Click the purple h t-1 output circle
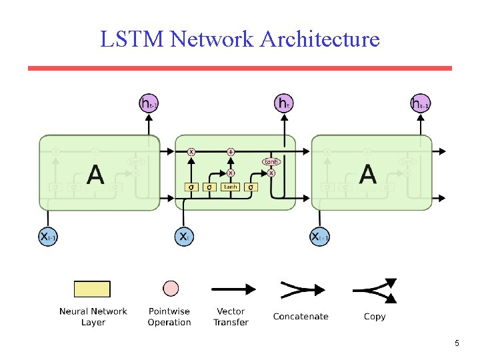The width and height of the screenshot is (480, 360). [x=149, y=103]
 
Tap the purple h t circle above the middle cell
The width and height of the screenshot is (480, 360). [x=284, y=103]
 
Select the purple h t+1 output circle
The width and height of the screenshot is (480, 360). [x=420, y=103]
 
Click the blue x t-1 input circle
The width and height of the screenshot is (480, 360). [x=48, y=237]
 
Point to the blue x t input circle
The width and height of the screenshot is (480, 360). [x=184, y=237]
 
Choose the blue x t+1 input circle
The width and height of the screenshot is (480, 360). [x=319, y=237]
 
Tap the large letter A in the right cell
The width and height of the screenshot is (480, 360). [x=367, y=175]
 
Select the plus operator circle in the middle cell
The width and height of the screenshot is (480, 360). [x=231, y=152]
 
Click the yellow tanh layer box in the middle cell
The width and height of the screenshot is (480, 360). [x=231, y=187]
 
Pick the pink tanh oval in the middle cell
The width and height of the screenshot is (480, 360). [x=271, y=161]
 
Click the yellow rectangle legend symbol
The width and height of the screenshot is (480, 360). [x=92, y=289]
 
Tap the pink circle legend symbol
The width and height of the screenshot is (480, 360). [x=171, y=289]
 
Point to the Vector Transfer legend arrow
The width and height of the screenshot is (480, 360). [x=233, y=289]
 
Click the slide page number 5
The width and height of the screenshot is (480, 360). [x=457, y=343]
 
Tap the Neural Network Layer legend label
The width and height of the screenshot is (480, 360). [x=93, y=317]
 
